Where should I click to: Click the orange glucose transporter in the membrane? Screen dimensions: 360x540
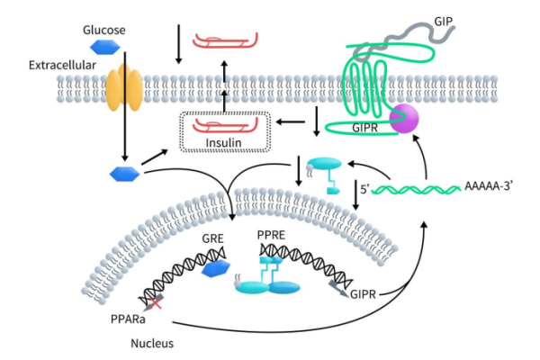click(x=125, y=89)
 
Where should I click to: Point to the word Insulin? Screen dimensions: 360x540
click(x=225, y=142)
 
